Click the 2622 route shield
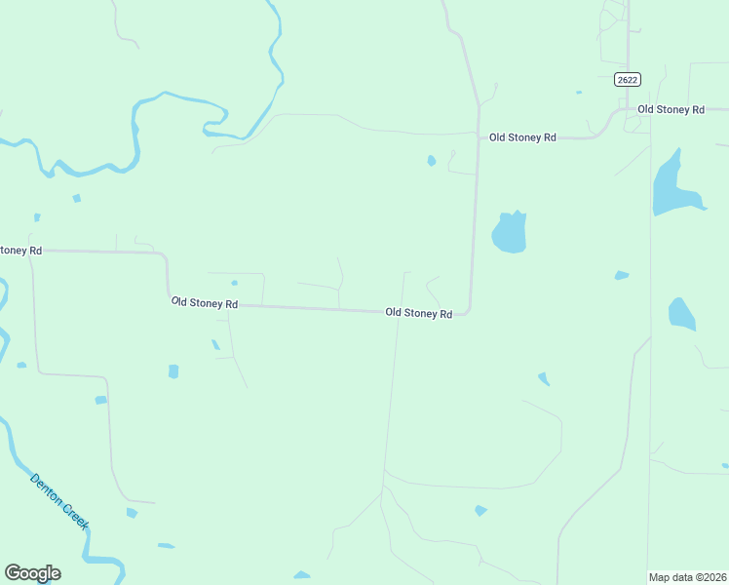627,80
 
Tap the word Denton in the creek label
48,489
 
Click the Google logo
32,573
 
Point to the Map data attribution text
688,577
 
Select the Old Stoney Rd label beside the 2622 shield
671,110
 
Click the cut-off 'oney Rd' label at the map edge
20,251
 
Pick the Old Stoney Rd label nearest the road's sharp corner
418,313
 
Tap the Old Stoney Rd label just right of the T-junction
522,137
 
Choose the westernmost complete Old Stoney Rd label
205,303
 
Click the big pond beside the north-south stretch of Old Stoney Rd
509,232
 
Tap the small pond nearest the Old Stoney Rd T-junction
431,161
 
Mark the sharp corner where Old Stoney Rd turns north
469,312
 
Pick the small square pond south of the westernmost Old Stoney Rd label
173,371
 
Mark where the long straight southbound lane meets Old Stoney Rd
399,312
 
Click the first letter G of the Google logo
13,573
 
